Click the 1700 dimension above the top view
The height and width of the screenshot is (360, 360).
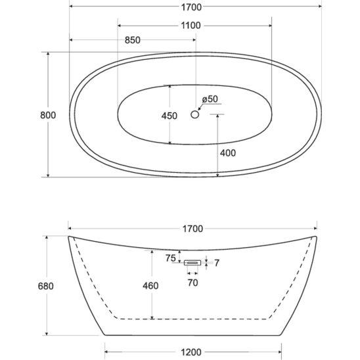click(191, 7)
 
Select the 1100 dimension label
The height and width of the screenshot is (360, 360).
click(191, 26)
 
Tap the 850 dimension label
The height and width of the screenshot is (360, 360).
click(133, 40)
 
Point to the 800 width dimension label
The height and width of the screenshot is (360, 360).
click(48, 115)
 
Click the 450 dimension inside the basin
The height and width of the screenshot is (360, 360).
click(169, 116)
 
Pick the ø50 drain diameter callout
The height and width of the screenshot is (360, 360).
click(210, 99)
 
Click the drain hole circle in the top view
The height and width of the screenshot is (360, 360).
click(194, 114)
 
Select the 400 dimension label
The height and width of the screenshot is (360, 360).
click(228, 153)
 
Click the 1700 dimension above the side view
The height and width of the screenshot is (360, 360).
click(192, 229)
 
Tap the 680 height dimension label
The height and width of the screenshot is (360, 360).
click(46, 286)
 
